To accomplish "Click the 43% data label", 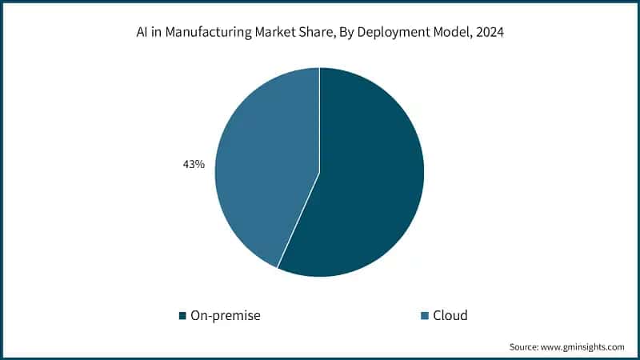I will tap(194, 164).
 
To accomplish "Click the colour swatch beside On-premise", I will tap(182, 315).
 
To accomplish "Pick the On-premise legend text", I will tap(226, 315).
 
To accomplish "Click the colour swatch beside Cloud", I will tap(425, 315).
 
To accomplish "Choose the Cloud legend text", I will tap(450, 315).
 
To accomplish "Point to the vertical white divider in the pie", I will tap(320, 120).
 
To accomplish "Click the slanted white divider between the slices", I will tap(298, 220).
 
